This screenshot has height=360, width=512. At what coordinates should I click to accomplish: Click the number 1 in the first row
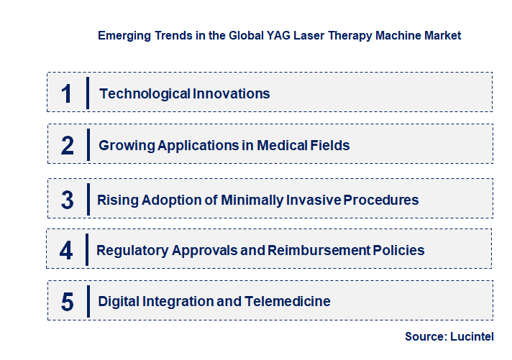(x=67, y=93)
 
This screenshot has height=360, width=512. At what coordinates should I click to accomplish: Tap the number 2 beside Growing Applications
(x=68, y=146)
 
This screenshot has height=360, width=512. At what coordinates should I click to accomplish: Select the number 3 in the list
(x=68, y=200)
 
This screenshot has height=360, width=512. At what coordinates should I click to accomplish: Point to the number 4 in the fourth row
(x=67, y=250)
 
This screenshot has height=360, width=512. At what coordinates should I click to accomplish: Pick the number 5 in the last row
(x=67, y=302)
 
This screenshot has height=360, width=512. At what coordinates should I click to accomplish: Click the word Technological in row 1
(x=135, y=93)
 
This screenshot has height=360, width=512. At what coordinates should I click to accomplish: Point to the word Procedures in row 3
(x=381, y=200)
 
